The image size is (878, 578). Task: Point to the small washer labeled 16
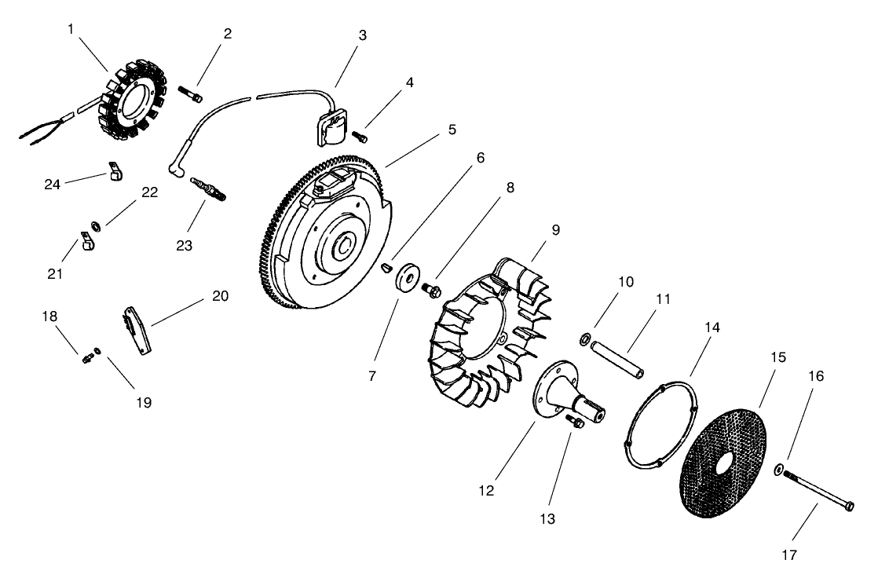coord(777,470)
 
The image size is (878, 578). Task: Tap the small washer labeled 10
coord(585,338)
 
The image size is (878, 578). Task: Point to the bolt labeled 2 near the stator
coord(191,96)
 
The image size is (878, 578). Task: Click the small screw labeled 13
coord(575,423)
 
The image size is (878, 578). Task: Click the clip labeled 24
coord(115,172)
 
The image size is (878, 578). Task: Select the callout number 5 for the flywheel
coord(452,129)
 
